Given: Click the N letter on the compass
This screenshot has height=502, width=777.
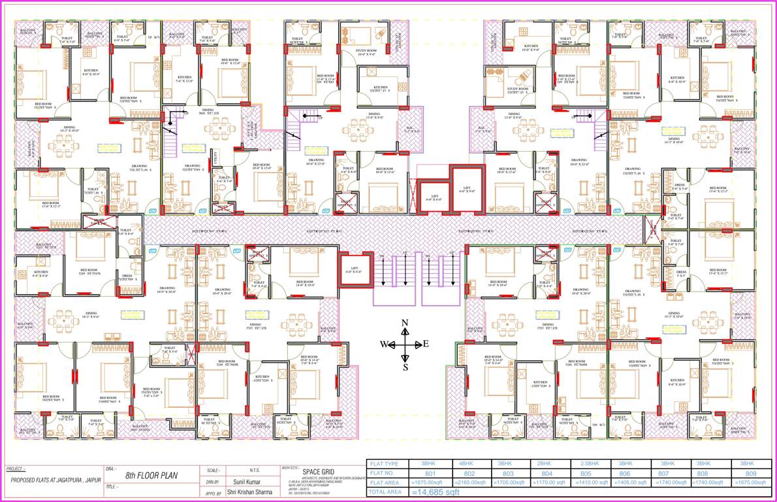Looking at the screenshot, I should coord(405,323).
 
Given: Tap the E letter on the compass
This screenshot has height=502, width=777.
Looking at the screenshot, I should coord(426,344).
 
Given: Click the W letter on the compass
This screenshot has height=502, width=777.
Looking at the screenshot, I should coord(385,344).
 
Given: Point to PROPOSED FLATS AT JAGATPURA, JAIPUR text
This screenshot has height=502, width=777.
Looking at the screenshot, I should coord(51,480).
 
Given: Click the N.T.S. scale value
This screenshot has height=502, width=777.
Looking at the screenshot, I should coord(256,470).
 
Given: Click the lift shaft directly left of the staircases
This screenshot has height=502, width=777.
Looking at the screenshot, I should coord(353,270).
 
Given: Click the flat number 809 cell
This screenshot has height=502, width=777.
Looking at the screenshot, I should coord(752,473).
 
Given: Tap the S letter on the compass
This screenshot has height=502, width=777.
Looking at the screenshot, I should coord(405,367).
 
